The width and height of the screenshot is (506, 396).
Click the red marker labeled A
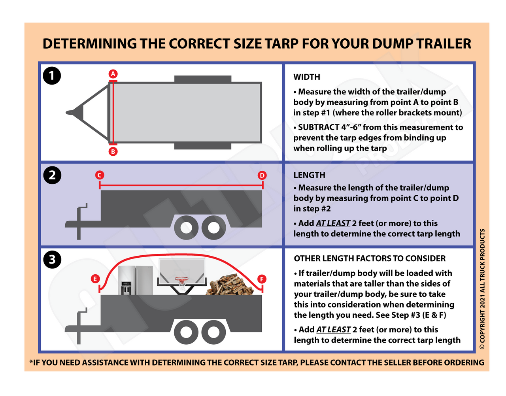click(x=113, y=74)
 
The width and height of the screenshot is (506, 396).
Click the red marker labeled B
click(x=113, y=151)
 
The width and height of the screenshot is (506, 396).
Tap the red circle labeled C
click(x=100, y=175)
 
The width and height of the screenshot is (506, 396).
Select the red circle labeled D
click(x=262, y=175)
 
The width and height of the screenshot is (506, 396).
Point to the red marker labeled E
click(x=95, y=279)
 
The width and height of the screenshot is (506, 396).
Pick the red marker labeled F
click(x=262, y=279)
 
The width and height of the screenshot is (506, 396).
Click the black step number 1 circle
click(x=52, y=76)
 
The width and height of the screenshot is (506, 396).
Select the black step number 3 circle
click(x=52, y=260)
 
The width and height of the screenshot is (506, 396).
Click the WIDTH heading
click(x=307, y=77)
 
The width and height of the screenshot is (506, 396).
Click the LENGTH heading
click(x=309, y=175)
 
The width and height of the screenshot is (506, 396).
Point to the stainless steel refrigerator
click(x=135, y=280)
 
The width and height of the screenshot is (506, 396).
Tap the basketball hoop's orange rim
click(x=181, y=279)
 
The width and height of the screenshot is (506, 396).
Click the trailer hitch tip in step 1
click(x=69, y=113)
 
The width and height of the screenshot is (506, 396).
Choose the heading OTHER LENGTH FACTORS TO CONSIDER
click(x=370, y=258)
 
